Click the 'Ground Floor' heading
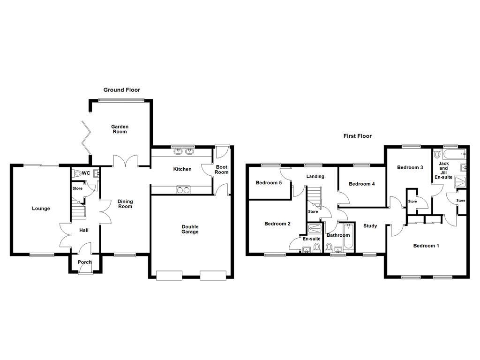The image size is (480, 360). click(x=122, y=90)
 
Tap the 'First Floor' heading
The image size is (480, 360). click(x=357, y=136)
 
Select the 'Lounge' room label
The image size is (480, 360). click(x=41, y=209)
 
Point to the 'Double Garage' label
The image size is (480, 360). click(x=190, y=229)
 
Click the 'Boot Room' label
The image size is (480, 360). click(x=222, y=169)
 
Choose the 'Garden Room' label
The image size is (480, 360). click(x=120, y=129)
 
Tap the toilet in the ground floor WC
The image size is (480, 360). click(x=78, y=173)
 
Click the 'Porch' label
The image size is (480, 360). click(x=85, y=262)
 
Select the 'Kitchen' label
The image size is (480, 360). click(x=182, y=169)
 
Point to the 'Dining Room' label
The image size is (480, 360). click(x=125, y=204)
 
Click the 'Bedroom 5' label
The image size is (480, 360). click(x=269, y=183)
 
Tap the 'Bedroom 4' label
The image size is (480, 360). click(x=362, y=184)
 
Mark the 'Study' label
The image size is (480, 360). click(x=370, y=226)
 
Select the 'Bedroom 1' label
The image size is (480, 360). click(x=426, y=246)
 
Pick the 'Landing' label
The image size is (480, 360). click(x=315, y=177)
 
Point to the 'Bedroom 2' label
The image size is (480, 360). click(x=277, y=224)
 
